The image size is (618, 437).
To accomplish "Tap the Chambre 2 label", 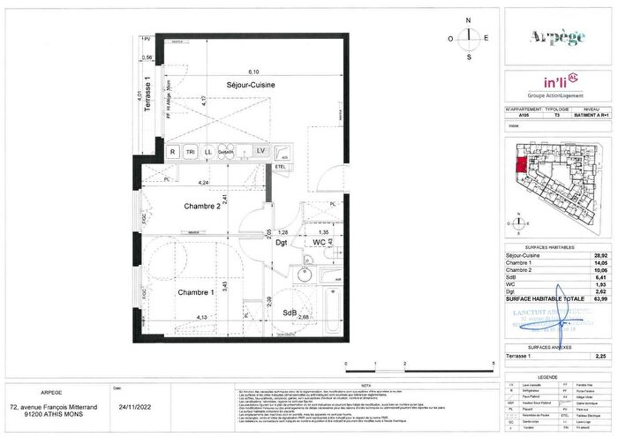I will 201,207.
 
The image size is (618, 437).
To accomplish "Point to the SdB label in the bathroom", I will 289,313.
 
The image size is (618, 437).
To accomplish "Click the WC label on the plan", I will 320,241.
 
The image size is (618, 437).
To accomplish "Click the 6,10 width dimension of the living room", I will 253,72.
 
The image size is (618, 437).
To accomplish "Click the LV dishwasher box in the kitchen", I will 260,151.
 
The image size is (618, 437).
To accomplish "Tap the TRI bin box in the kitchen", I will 190,151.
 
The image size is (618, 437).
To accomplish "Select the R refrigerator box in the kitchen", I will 173,151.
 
